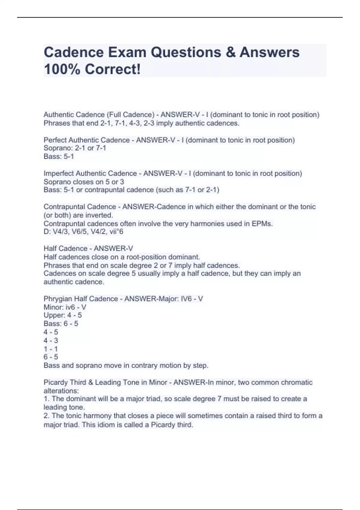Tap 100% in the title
click(62, 69)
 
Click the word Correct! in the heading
click(112, 69)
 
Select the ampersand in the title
click(230, 52)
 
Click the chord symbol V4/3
click(60, 232)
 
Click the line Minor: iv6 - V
click(65, 307)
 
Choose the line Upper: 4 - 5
click(62, 315)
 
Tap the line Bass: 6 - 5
click(61, 324)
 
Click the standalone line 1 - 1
click(51, 349)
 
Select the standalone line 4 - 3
click(51, 340)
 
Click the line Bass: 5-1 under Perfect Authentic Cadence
click(58, 156)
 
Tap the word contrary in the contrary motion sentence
click(142, 365)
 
